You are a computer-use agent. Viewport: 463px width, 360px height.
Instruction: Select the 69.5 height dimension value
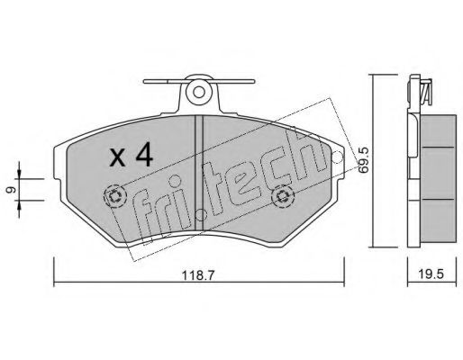click(364, 161)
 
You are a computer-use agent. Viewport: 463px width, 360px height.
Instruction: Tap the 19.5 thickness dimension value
click(431, 274)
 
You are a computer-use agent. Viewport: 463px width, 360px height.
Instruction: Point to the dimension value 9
click(11, 190)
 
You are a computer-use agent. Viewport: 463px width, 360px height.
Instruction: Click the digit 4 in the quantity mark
click(143, 156)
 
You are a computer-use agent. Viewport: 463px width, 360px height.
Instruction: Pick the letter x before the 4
click(117, 158)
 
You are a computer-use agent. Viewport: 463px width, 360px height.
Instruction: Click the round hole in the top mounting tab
click(198, 92)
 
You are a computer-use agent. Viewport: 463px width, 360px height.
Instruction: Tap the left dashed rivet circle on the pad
click(114, 196)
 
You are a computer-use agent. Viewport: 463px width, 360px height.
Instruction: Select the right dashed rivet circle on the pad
click(282, 196)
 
